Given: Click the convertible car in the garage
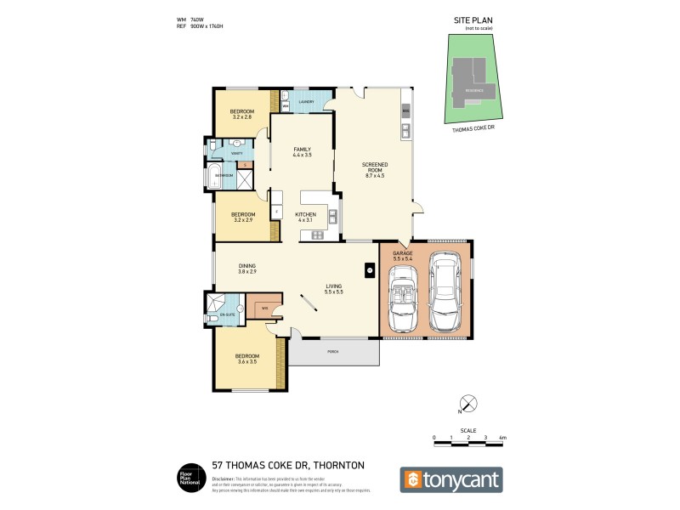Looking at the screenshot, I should point(401,299).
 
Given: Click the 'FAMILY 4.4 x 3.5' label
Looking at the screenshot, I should point(302,152).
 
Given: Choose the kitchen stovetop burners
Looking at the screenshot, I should point(317,234).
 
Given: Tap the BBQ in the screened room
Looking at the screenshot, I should point(405,111).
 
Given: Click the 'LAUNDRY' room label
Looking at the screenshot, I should point(306,102).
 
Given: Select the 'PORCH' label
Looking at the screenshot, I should point(332,351).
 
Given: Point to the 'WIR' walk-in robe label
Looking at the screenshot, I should point(265,308).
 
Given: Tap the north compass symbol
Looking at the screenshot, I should point(467,404).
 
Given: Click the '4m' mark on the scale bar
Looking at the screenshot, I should point(502,437).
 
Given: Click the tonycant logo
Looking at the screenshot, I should point(451,479).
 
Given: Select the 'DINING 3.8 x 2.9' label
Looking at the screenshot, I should point(247,268).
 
